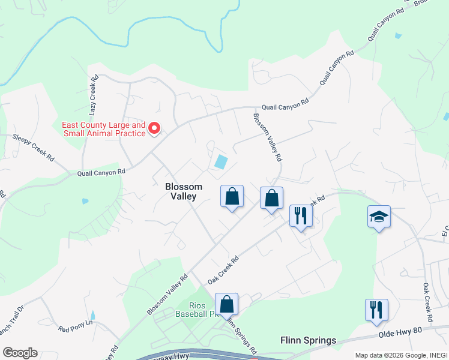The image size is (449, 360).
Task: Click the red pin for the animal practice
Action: pyautogui.click(x=154, y=128)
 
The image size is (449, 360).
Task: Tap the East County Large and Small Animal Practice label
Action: pyautogui.click(x=104, y=129)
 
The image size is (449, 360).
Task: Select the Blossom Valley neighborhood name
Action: pyautogui.click(x=184, y=191)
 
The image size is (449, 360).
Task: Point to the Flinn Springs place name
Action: pyautogui.click(x=308, y=341)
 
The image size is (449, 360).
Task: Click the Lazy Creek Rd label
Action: pyautogui.click(x=94, y=94)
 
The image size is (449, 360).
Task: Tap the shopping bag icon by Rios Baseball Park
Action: pyautogui.click(x=226, y=304)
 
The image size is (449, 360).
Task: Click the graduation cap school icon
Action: pyautogui.click(x=379, y=217)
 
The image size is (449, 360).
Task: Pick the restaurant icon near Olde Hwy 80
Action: pyautogui.click(x=376, y=310)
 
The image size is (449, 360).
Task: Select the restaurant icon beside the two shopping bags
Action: pyautogui.click(x=301, y=215)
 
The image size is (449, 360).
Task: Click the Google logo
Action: pyautogui.click(x=20, y=353)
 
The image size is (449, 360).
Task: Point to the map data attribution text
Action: pyautogui.click(x=399, y=355)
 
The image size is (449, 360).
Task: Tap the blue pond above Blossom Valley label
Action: pyautogui.click(x=221, y=161)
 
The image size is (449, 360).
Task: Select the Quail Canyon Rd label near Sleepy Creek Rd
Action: pyautogui.click(x=101, y=172)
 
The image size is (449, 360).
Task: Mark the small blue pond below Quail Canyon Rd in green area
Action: pyautogui.click(x=85, y=201)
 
